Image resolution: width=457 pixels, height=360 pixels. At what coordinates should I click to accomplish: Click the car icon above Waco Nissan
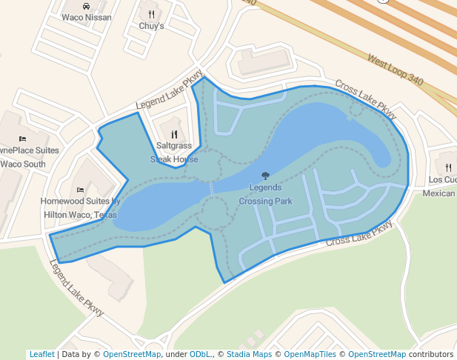click(x=87, y=6)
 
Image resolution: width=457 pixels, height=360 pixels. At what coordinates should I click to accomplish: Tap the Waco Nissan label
click(x=87, y=18)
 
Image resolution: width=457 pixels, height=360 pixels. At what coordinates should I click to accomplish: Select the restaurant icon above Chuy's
click(x=151, y=14)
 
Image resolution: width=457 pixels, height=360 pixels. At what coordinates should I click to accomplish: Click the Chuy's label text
click(x=151, y=26)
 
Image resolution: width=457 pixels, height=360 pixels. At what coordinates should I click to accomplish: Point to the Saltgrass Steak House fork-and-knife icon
click(x=174, y=134)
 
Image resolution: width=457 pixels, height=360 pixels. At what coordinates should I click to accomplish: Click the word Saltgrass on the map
click(x=174, y=146)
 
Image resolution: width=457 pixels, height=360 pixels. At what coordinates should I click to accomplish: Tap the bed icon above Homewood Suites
click(x=80, y=190)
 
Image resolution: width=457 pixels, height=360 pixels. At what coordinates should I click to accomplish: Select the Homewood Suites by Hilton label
click(x=80, y=207)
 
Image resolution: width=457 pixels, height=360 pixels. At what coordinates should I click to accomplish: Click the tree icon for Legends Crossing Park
click(x=265, y=176)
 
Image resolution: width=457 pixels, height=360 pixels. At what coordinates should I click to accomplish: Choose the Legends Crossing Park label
click(x=265, y=194)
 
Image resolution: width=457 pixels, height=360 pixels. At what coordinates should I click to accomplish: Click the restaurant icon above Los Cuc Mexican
click(x=448, y=167)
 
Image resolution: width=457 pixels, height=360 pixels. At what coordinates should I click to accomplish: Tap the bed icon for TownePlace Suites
click(x=22, y=139)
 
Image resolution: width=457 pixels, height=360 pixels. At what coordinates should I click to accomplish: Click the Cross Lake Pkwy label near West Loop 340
click(x=366, y=99)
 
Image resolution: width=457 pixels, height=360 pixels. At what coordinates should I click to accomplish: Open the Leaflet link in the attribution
click(x=41, y=354)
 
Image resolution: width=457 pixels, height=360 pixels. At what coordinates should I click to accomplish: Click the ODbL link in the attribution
click(x=200, y=354)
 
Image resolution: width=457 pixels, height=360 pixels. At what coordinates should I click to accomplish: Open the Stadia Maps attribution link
click(x=249, y=354)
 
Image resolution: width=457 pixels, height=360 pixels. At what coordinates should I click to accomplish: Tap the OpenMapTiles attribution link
click(x=310, y=354)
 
